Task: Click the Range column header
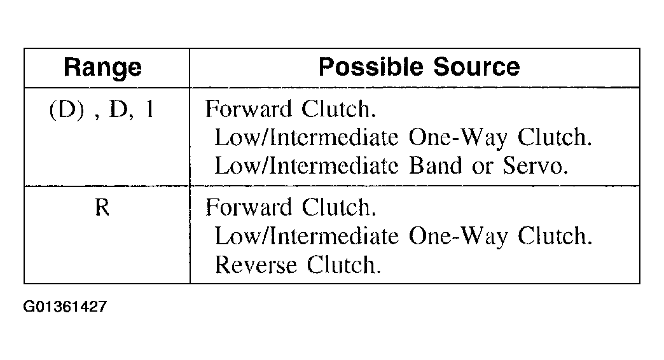(102, 68)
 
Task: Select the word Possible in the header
(371, 67)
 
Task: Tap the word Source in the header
(476, 67)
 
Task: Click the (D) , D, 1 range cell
(102, 109)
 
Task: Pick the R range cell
(102, 207)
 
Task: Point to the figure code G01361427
(65, 306)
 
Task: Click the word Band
(435, 165)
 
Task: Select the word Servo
(536, 165)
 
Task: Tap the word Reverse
(256, 265)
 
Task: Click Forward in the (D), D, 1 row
(249, 109)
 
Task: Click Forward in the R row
(249, 207)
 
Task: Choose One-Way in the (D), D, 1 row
(458, 137)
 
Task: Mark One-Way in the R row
(458, 237)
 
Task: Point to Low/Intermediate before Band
(307, 165)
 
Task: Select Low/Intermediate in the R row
(307, 236)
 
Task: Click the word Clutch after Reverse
(344, 265)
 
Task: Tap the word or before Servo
(482, 167)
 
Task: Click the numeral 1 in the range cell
(149, 109)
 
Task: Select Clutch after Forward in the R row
(339, 207)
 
